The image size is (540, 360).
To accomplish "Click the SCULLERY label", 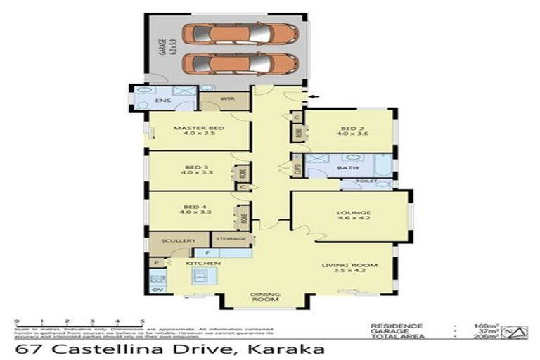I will [x=179, y=241].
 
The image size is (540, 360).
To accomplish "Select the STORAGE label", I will [x=231, y=239].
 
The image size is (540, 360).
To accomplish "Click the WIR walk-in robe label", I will [x=227, y=98].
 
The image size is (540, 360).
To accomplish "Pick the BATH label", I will [x=347, y=168].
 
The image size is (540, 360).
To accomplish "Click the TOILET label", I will [x=367, y=181].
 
